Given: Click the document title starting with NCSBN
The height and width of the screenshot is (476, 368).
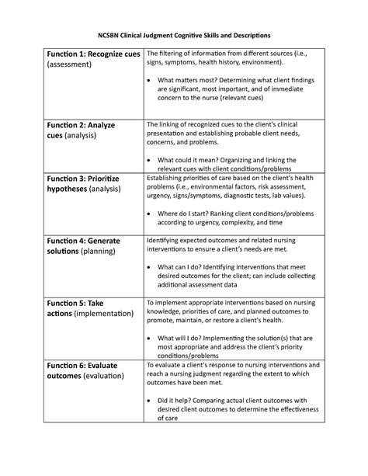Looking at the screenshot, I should (184, 36).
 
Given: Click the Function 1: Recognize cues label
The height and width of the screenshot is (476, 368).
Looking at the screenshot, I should (93, 54).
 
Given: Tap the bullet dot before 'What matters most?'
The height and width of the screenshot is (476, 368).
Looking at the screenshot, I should (149, 80).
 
